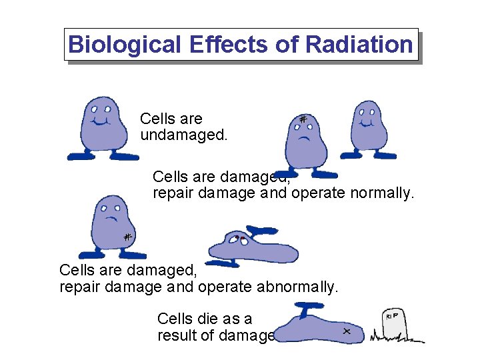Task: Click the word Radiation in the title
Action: click(359, 45)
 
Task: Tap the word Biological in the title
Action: click(125, 45)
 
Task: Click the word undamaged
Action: click(183, 135)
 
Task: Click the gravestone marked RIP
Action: click(395, 325)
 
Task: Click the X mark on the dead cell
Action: click(347, 331)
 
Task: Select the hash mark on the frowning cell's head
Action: click(303, 120)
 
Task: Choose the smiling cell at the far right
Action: click(368, 127)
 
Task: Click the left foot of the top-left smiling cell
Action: click(80, 156)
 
